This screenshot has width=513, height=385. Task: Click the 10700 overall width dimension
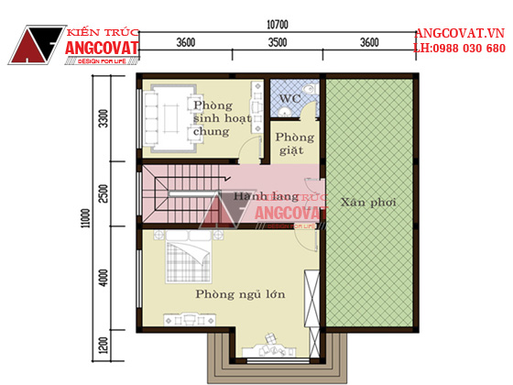(278, 25)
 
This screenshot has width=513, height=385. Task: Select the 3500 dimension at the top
(278, 42)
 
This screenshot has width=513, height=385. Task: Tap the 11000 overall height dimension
(86, 218)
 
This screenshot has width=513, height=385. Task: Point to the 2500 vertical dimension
(104, 193)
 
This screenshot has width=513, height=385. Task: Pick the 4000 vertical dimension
(104, 278)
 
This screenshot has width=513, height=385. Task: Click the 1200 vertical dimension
(104, 346)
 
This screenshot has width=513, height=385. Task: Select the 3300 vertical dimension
(104, 118)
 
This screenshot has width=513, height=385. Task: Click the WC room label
(289, 98)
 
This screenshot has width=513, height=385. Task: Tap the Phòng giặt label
(294, 143)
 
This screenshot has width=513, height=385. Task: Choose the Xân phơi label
(368, 202)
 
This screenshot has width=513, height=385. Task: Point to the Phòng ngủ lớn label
(240, 294)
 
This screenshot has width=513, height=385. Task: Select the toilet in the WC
(309, 88)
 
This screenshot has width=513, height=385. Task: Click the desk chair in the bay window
(270, 338)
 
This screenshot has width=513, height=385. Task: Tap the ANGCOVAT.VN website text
(459, 33)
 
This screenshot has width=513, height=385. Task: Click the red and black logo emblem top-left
(37, 45)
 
